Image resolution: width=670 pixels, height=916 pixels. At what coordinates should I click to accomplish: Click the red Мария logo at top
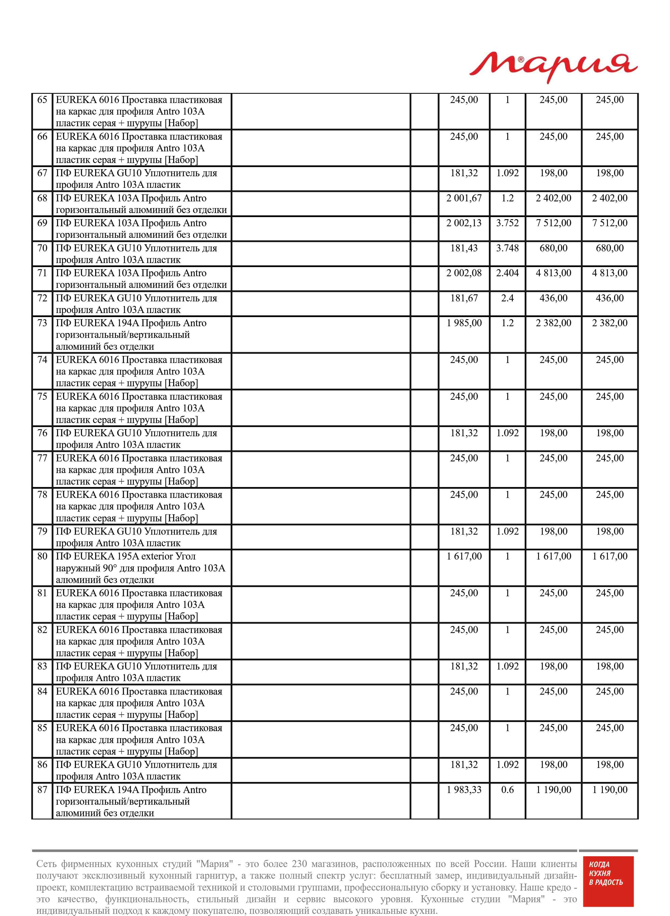click(x=553, y=67)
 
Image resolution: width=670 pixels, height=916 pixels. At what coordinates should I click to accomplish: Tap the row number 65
click(x=42, y=100)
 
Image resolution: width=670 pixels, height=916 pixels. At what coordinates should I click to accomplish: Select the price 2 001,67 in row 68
click(x=464, y=198)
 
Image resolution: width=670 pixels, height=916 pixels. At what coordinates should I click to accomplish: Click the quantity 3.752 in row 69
click(x=507, y=223)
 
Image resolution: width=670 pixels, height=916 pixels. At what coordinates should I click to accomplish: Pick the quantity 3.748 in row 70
click(x=507, y=248)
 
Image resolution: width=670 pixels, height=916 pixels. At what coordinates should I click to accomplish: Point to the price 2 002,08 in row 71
click(x=464, y=273)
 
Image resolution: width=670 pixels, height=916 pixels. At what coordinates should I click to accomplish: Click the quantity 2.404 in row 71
click(x=507, y=273)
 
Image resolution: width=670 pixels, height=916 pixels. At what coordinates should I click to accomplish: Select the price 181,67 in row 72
click(x=464, y=298)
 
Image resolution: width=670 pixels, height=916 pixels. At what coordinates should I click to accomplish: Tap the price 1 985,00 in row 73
click(x=464, y=323)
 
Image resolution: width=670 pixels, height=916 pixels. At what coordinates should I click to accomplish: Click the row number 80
click(x=42, y=556)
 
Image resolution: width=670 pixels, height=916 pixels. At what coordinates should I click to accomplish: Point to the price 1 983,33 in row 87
click(x=464, y=790)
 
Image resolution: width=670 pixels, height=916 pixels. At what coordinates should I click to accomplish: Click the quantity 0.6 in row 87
click(x=507, y=790)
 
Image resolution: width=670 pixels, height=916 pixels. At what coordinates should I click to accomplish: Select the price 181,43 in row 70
click(x=464, y=248)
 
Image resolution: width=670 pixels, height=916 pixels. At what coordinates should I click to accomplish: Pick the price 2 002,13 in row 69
click(x=464, y=223)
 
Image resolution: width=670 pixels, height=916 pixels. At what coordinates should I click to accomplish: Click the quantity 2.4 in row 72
click(x=507, y=298)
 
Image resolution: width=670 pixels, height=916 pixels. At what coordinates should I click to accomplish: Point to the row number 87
click(x=42, y=790)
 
